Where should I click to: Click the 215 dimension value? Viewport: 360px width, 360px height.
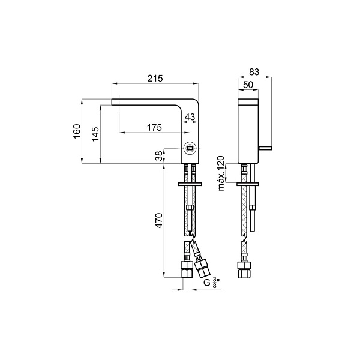[155, 79]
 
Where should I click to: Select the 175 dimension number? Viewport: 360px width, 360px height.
[154, 127]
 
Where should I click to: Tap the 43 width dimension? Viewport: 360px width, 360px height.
[190, 117]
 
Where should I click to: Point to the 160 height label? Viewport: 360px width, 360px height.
[77, 131]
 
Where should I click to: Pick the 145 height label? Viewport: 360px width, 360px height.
[95, 134]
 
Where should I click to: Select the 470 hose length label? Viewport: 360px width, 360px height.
[159, 221]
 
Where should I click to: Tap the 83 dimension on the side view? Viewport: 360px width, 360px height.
[254, 72]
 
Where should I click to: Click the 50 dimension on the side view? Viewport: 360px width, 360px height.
[248, 85]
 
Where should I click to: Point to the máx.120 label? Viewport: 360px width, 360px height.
[221, 173]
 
